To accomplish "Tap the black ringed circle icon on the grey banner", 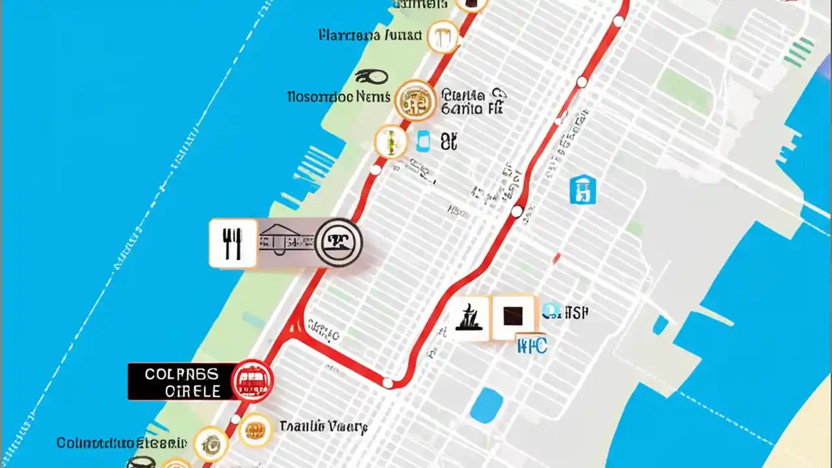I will point(338,242).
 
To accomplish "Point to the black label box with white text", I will point(181,382).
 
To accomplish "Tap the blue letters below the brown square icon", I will point(532,345).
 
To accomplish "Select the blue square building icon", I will point(582,190).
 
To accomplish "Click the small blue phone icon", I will point(424,140).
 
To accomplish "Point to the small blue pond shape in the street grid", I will point(486,406).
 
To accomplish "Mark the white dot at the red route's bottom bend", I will point(387,383).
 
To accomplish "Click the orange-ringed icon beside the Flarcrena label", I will point(443,36).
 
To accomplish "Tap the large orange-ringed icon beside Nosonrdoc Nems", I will point(415,100).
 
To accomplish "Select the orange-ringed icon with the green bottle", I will point(391,142).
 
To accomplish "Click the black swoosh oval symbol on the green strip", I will point(372,77).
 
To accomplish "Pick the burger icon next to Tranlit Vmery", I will point(255,430).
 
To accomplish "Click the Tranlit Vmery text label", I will point(323,426).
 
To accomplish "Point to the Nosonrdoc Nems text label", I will point(339,97).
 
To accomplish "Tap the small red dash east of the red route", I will point(556,258).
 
